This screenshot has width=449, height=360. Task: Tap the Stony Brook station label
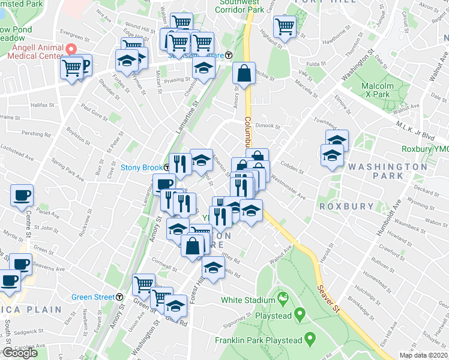coord(142,167)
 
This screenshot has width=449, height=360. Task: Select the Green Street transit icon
coord(119,296)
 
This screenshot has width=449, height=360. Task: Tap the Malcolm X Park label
coord(377,90)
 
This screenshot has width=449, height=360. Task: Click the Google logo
coord(19,353)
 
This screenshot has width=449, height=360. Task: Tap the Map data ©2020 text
coord(423,355)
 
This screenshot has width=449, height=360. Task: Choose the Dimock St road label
coord(268,126)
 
